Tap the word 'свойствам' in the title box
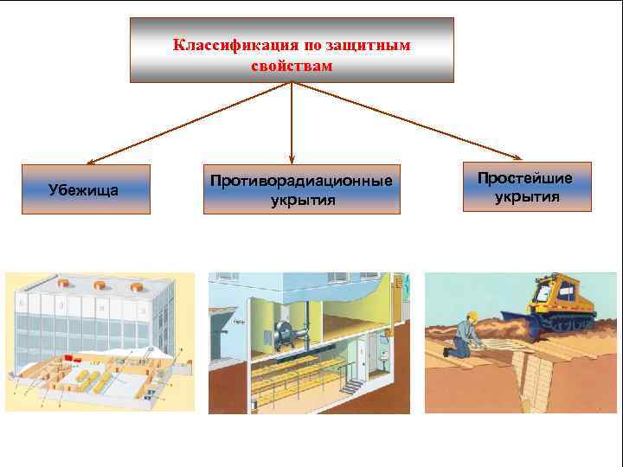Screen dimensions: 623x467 pyautogui.click(x=291, y=65)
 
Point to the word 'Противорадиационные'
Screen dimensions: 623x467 pyautogui.click(x=301, y=181)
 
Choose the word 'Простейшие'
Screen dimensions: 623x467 pyautogui.click(x=526, y=178)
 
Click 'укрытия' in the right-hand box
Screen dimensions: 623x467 pyautogui.click(x=526, y=197)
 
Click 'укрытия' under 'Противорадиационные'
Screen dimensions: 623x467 pyautogui.click(x=301, y=200)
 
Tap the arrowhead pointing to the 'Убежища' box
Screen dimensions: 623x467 pyautogui.click(x=90, y=162)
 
